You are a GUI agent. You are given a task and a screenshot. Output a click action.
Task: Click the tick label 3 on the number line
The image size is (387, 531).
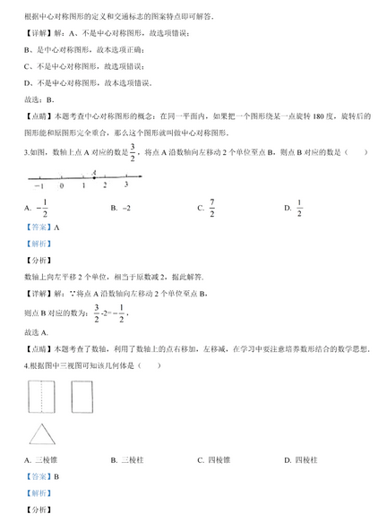[x=126, y=184]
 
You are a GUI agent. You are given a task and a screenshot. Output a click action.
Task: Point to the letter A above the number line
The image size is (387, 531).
[x=94, y=170]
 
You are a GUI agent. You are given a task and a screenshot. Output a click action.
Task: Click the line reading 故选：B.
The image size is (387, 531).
[x=40, y=99]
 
